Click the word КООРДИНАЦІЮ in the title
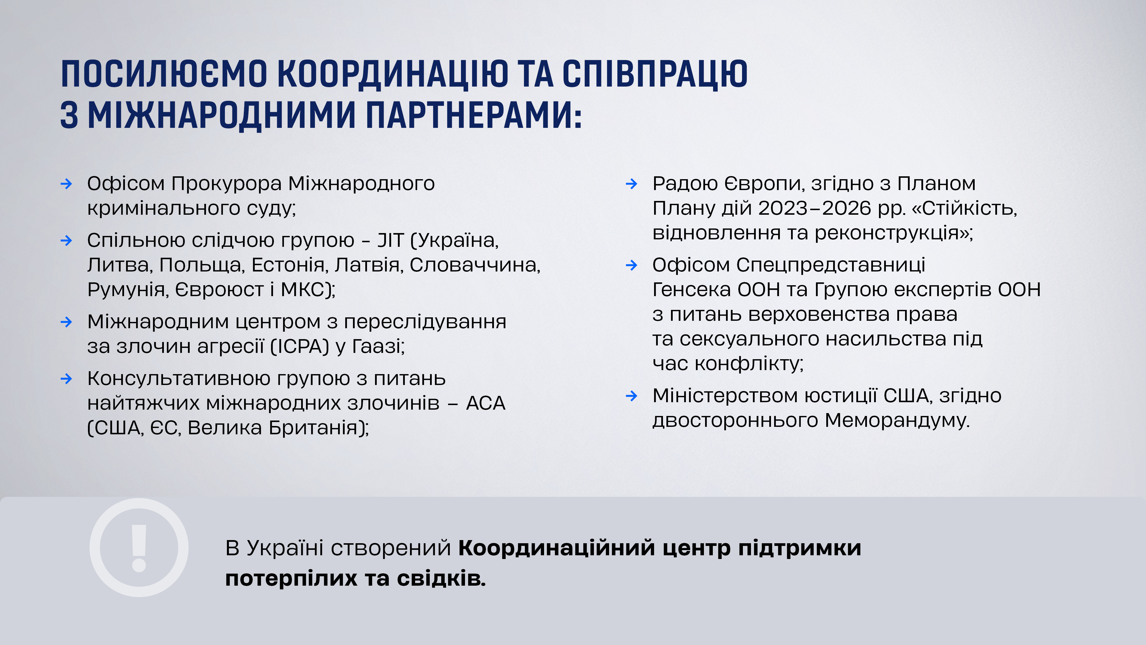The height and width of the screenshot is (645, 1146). tap(393, 74)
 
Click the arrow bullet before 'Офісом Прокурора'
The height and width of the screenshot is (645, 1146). tap(66, 183)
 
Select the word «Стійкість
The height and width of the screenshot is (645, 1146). tap(964, 208)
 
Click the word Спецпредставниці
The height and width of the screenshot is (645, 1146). tap(831, 265)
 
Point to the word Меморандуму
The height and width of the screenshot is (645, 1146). tap(897, 420)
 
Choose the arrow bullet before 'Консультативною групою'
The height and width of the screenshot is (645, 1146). tap(66, 379)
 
